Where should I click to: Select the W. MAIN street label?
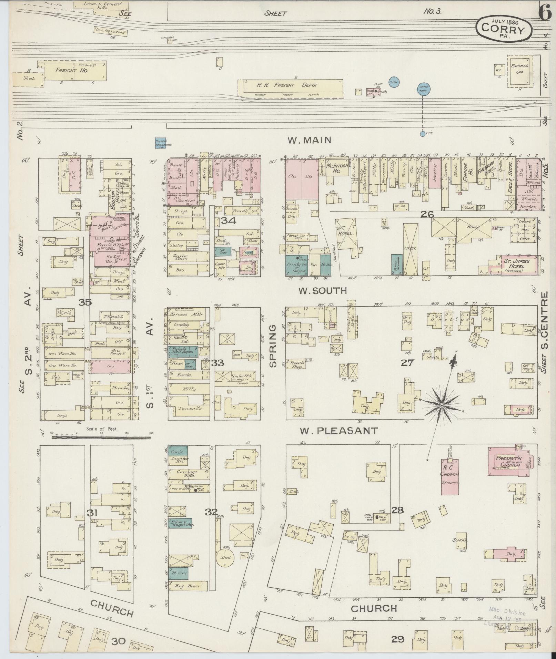(x=310, y=140)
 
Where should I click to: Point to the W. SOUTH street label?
(x=323, y=291)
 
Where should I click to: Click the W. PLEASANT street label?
(x=338, y=431)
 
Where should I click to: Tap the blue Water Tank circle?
(x=423, y=88)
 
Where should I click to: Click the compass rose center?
(x=441, y=406)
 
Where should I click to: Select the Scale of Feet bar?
(x=101, y=437)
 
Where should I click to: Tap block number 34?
(x=229, y=220)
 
